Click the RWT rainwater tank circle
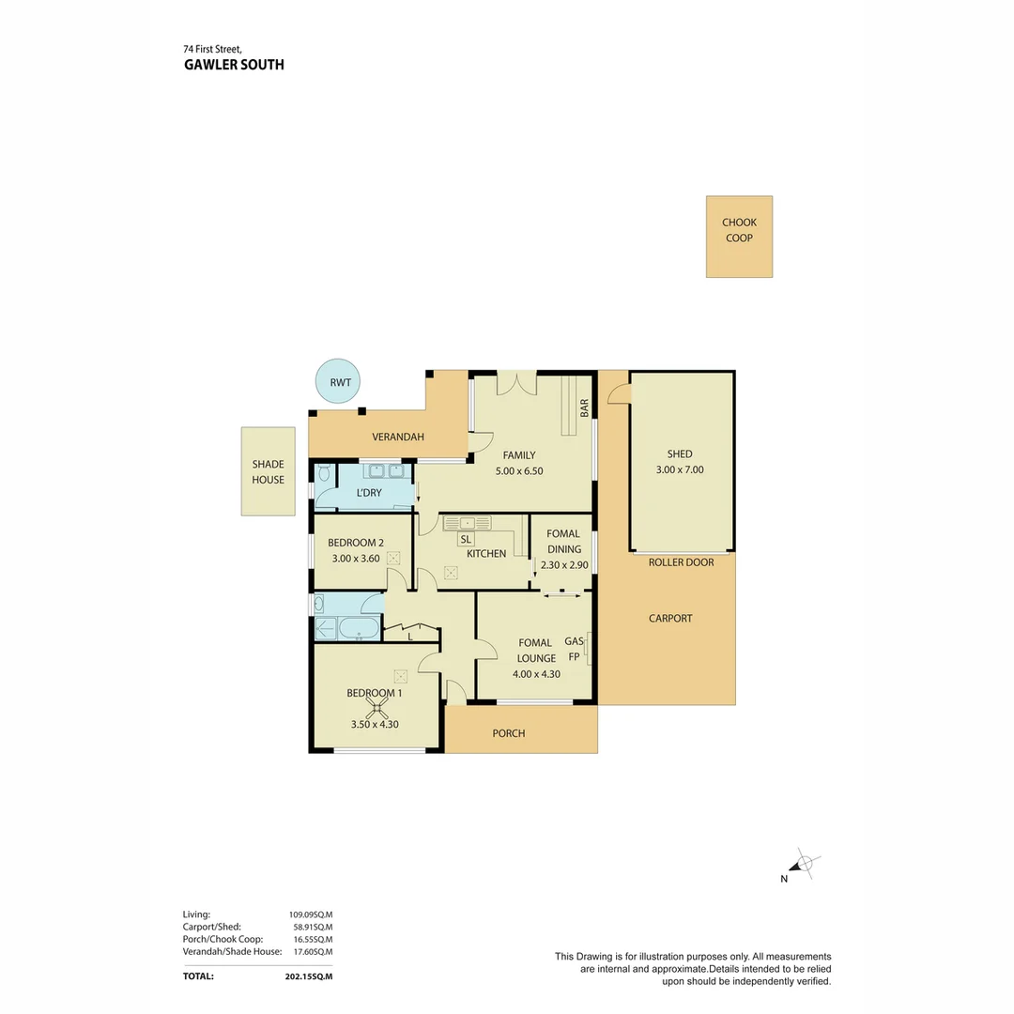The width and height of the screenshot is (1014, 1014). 338,381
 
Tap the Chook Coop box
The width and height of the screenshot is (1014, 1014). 739,237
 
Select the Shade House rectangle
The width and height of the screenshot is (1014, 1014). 269,471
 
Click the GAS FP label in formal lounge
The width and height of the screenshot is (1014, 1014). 575,649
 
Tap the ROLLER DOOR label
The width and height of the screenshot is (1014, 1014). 681,562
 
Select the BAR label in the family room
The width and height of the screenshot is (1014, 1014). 585,407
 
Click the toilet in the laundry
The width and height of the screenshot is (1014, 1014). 324,473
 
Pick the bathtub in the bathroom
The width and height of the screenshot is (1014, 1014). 360,628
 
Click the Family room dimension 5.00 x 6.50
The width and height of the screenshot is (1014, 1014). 519,471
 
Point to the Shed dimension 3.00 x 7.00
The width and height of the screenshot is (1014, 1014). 680,470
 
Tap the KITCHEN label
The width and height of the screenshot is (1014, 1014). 486,554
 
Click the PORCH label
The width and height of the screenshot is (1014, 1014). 509,733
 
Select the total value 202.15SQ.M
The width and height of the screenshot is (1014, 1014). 309,976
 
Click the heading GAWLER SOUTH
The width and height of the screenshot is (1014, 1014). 234,65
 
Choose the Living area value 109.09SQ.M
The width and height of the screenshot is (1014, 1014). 311,914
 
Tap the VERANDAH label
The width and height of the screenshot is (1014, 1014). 398,438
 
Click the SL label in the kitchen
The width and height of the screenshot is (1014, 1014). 466,539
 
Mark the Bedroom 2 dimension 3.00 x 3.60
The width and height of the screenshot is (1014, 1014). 356,559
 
